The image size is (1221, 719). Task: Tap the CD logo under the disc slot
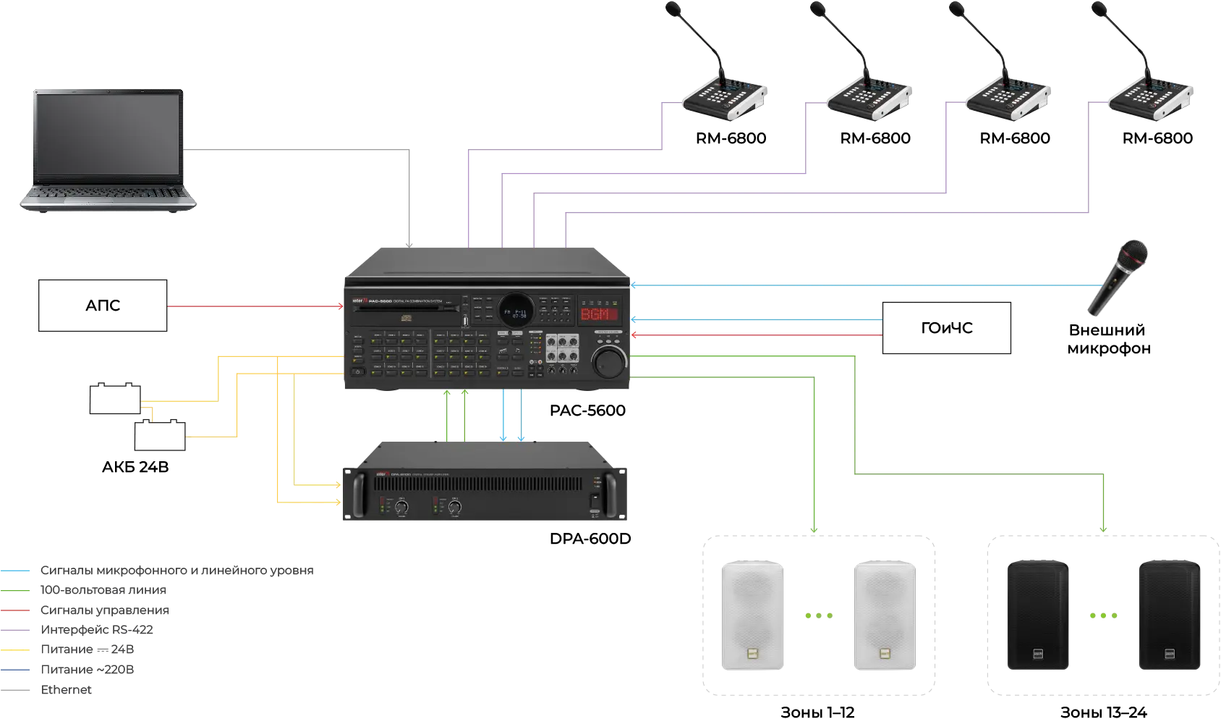pos(406,316)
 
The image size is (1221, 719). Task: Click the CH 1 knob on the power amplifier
pos(400,508)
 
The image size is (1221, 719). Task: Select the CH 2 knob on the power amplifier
pos(455,508)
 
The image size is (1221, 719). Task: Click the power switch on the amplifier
pos(595,500)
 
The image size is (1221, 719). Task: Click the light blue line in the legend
pos(19,571)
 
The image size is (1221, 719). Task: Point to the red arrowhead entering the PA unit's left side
pos(338,306)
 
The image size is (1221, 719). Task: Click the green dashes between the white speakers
pos(819,615)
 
